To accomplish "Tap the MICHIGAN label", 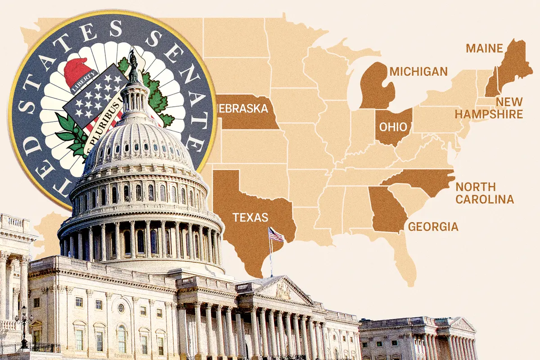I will (418, 71).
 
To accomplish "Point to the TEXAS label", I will (250, 218).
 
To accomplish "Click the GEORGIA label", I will (433, 226).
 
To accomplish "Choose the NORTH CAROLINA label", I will (484, 193).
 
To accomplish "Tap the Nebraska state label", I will (243, 108).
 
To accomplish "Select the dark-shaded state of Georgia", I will (386, 209).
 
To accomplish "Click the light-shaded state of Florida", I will (403, 256).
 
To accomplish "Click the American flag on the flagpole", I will (276, 234).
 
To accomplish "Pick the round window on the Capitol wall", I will (121, 308).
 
